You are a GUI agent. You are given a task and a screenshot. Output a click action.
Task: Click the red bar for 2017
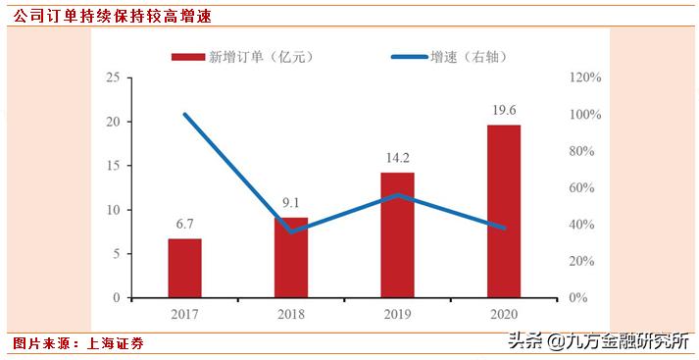pos(184,268)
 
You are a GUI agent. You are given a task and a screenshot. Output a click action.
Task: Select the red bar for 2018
pos(291,257)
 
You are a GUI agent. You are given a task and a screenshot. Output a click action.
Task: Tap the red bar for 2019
pos(397,234)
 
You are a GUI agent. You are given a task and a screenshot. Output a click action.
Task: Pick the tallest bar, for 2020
pos(504,211)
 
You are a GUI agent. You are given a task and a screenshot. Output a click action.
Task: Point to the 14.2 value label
pos(397,157)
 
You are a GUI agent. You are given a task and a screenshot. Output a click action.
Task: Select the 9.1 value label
pos(291,203)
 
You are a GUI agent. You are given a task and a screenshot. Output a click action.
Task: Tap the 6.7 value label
pos(184,224)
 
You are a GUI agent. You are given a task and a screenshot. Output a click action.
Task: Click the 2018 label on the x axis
pos(291,314)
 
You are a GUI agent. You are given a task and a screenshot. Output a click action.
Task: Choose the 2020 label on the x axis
pos(504,314)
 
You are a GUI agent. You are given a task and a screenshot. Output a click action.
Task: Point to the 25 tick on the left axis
pos(113,77)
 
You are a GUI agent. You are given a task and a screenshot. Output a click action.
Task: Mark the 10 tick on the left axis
pos(113,210)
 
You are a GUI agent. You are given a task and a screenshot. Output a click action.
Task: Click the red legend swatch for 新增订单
pos(186,57)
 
